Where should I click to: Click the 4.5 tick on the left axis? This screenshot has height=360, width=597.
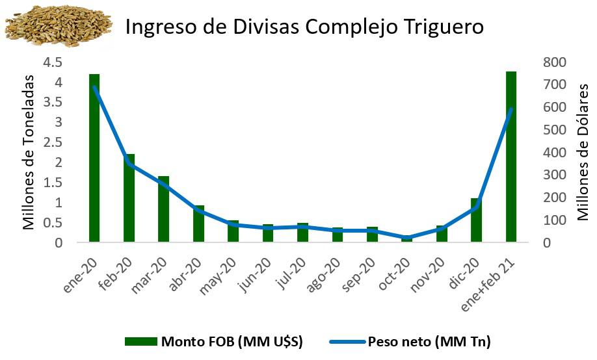pos(53,62)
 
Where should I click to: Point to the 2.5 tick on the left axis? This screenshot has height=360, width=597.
pos(53,143)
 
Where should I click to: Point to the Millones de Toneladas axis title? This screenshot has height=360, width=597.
pos(29,152)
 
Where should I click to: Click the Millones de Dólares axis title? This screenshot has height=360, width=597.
pos(583,152)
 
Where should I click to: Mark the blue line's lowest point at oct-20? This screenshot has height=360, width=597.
pos(407,238)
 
